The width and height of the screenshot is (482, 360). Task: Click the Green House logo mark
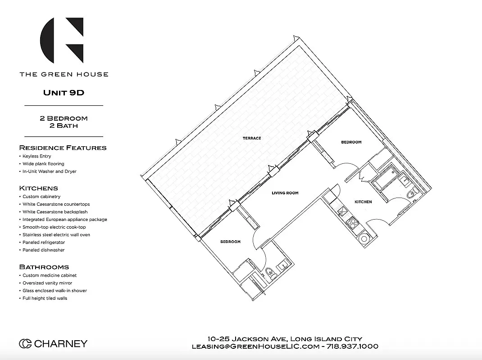coord(62,40)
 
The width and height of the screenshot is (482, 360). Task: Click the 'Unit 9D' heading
coord(64,93)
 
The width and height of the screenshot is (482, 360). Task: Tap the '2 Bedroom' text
coord(64,118)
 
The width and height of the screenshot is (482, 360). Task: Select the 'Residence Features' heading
coord(63,148)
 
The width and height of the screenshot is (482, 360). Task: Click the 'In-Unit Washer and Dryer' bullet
coord(50,171)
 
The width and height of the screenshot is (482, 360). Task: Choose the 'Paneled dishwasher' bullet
coord(44,250)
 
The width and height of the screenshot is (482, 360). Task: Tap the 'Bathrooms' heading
coord(44,267)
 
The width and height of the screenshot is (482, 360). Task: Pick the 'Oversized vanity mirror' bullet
coord(48,283)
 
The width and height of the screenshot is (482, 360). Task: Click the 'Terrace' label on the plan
coord(252,138)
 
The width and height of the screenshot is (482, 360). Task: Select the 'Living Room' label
coord(285,193)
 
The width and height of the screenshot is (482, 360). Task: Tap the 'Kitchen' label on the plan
coord(363,202)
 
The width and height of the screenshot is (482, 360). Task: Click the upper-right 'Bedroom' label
coord(351,142)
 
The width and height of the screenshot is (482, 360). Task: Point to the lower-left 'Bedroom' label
coord(230,242)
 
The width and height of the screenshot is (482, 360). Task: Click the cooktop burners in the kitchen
coord(352,221)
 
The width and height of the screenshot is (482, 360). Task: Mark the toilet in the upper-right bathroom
coord(410,195)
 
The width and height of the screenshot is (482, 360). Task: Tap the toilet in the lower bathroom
coord(269,272)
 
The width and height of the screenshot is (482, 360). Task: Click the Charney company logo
coord(53,344)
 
